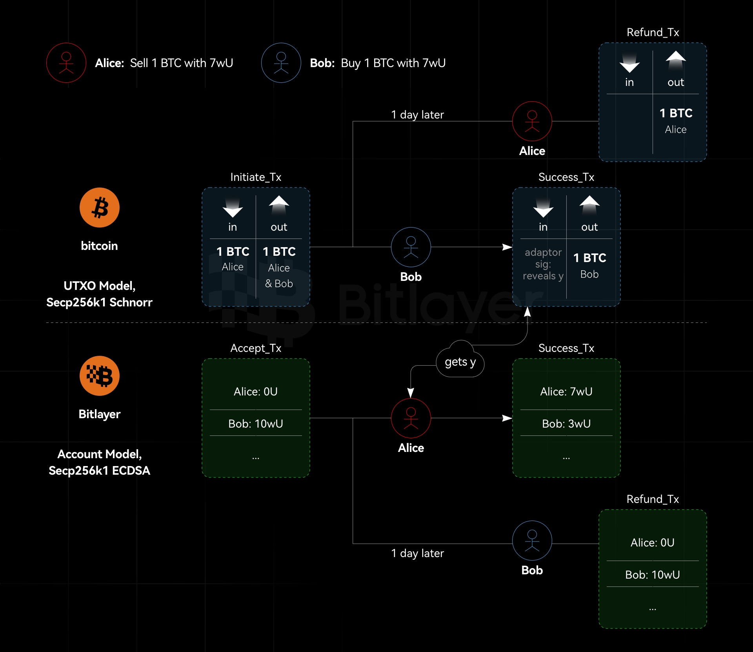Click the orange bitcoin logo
99,208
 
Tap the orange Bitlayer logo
99,376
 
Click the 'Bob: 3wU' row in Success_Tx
566,424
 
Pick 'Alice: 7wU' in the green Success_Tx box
566,392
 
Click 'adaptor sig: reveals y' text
543,264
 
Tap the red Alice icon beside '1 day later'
532,121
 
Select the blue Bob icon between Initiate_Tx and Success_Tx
411,247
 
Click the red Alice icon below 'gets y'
411,418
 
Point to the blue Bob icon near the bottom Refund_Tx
532,541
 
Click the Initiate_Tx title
256,177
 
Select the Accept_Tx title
256,348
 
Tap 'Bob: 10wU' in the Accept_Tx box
256,424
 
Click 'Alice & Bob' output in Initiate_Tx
279,275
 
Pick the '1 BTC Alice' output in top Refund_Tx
676,121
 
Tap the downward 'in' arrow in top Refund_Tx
629,63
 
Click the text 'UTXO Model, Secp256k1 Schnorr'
99,294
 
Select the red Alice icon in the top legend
66,63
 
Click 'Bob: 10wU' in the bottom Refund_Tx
652,575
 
